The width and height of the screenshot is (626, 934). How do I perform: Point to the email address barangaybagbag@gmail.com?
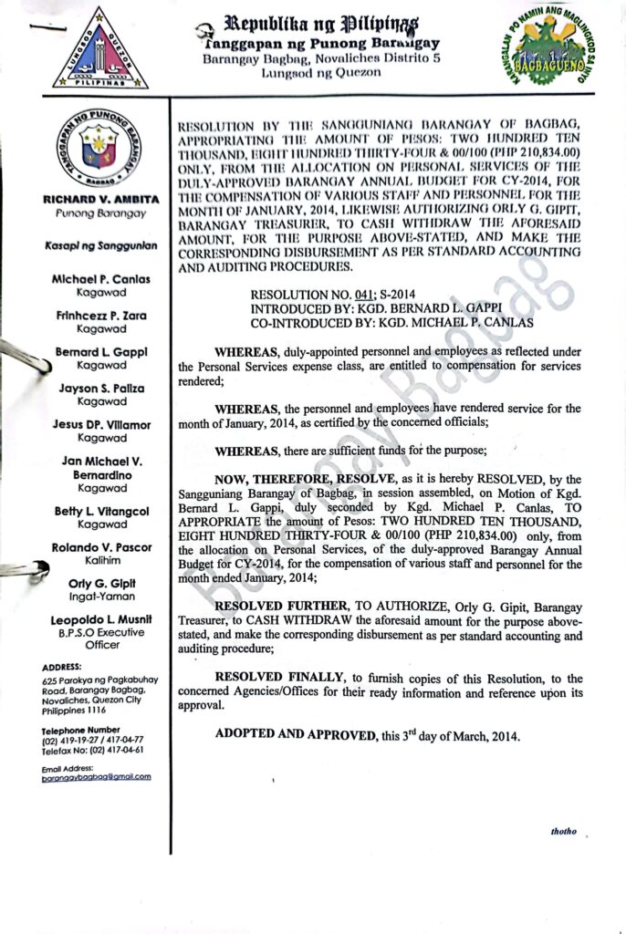click(96, 776)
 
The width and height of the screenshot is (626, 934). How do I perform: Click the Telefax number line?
click(92, 749)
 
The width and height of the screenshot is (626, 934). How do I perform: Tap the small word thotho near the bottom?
click(564, 833)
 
